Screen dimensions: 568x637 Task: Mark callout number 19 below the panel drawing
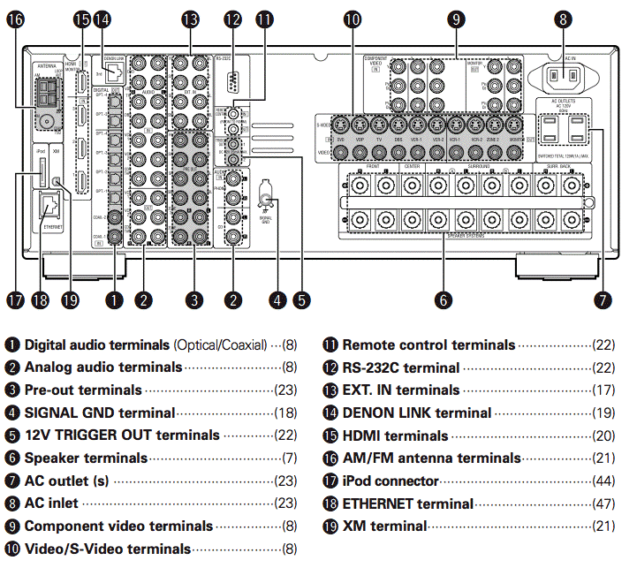point(71,299)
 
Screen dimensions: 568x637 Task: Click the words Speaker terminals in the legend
point(86,458)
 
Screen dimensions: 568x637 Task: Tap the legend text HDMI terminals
point(395,435)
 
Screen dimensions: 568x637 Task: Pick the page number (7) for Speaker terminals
point(290,458)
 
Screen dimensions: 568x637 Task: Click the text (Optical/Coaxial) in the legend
point(220,345)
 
